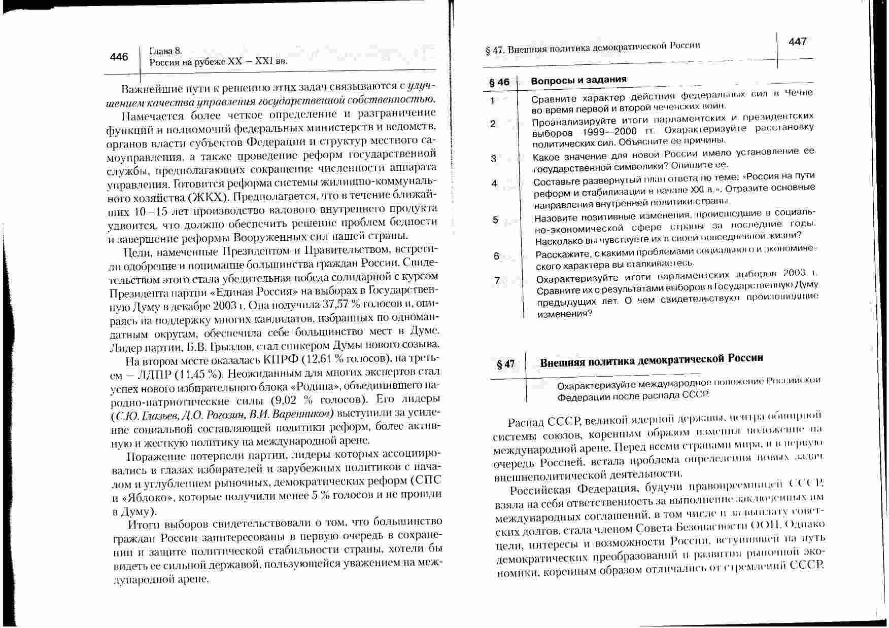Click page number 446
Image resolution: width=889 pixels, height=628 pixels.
click(x=119, y=57)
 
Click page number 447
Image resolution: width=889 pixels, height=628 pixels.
click(x=797, y=42)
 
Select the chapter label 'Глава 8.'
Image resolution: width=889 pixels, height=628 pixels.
click(x=165, y=51)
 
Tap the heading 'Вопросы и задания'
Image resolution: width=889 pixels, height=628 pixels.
click(x=578, y=80)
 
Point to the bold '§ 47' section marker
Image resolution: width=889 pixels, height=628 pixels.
click(x=505, y=364)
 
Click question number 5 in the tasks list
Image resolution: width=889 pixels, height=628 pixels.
click(x=495, y=220)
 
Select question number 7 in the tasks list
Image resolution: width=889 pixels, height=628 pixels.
click(x=497, y=280)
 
